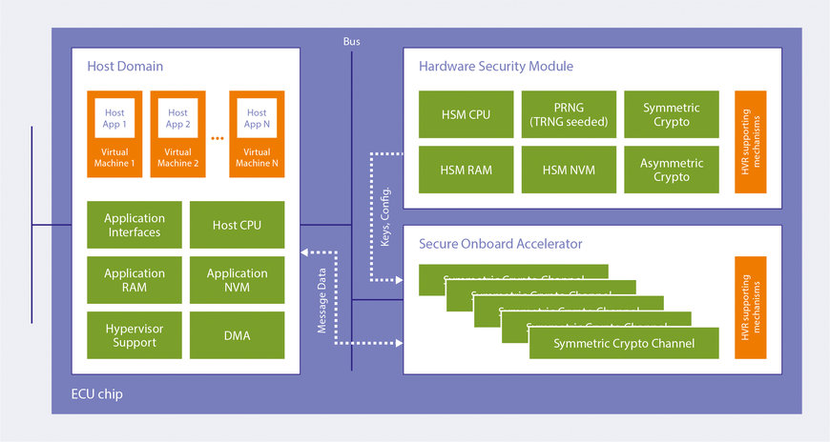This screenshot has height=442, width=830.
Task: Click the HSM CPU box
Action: click(x=466, y=115)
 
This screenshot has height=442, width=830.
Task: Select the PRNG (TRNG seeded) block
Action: click(x=569, y=115)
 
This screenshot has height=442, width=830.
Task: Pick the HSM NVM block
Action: click(x=569, y=170)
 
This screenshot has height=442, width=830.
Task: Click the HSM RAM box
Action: click(x=466, y=170)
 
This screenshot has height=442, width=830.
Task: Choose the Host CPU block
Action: click(x=238, y=225)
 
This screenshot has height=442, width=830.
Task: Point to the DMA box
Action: click(x=238, y=335)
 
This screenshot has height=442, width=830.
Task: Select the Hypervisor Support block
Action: click(x=135, y=335)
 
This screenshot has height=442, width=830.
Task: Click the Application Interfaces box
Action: click(x=135, y=225)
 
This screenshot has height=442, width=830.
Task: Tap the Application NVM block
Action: click(x=238, y=280)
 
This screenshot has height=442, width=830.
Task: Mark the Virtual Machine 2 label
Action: click(x=178, y=157)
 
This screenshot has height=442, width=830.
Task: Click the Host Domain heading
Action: click(x=125, y=67)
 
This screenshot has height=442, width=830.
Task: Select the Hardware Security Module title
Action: click(x=496, y=67)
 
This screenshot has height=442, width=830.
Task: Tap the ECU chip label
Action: click(x=96, y=393)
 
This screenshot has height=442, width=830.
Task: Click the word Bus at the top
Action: click(x=352, y=42)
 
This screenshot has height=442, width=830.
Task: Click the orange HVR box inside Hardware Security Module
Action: click(x=751, y=142)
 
